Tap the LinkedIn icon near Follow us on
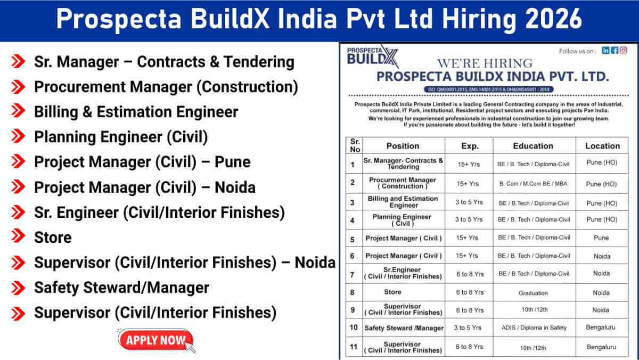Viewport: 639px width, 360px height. pyautogui.click(x=605, y=51)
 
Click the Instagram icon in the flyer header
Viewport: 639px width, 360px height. pyautogui.click(x=623, y=51)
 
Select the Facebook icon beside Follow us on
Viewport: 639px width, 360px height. pyautogui.click(x=615, y=51)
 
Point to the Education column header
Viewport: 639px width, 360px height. pyautogui.click(x=533, y=146)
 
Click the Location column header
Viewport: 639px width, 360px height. pyautogui.click(x=602, y=146)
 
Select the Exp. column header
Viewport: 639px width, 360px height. pyautogui.click(x=470, y=146)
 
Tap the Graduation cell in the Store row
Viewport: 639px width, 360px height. pyautogui.click(x=533, y=293)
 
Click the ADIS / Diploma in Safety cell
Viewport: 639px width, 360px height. pyautogui.click(x=534, y=328)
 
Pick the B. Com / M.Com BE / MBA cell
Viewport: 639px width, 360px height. pyautogui.click(x=534, y=184)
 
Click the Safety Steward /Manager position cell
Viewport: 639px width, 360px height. pyautogui.click(x=404, y=328)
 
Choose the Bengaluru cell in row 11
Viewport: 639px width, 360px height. pyautogui.click(x=601, y=347)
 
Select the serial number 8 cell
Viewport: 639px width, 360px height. pyautogui.click(x=353, y=292)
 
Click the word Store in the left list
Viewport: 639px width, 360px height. pyautogui.click(x=53, y=237)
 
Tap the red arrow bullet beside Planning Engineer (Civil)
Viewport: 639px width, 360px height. pyautogui.click(x=18, y=137)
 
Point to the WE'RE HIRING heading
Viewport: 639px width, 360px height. pyautogui.click(x=484, y=63)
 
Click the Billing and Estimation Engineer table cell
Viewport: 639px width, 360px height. pyautogui.click(x=403, y=202)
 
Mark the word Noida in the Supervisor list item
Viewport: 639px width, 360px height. pyautogui.click(x=315, y=263)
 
